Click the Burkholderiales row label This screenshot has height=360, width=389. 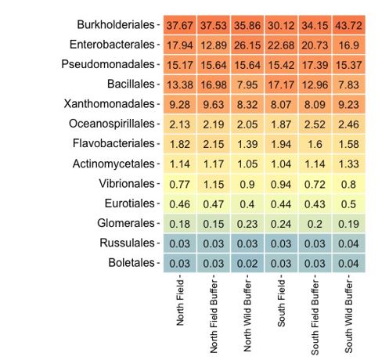[116, 25]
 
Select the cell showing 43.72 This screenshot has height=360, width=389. [348, 25]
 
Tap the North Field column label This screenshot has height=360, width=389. [180, 303]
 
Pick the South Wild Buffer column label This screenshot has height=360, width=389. [348, 316]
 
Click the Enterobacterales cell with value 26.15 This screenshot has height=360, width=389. [247, 45]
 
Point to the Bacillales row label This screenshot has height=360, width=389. [131, 84]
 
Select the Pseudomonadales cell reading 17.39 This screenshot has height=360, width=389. [315, 65]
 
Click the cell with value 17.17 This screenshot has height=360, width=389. [281, 85]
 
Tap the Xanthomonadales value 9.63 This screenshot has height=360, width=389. [214, 104]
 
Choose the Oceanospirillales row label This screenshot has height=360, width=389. [112, 124]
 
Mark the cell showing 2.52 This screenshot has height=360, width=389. [315, 124]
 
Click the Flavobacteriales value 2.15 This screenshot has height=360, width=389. [214, 144]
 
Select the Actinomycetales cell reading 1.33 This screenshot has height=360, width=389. [348, 164]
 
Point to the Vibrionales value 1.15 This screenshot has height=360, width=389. [214, 184]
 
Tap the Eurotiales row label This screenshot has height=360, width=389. [130, 203]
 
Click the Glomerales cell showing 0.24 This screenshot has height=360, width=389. [281, 224]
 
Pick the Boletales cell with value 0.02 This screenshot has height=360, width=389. [247, 263]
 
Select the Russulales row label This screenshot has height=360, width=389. [127, 243]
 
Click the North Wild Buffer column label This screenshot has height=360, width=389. [247, 315]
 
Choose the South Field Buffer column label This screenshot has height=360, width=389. [315, 317]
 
